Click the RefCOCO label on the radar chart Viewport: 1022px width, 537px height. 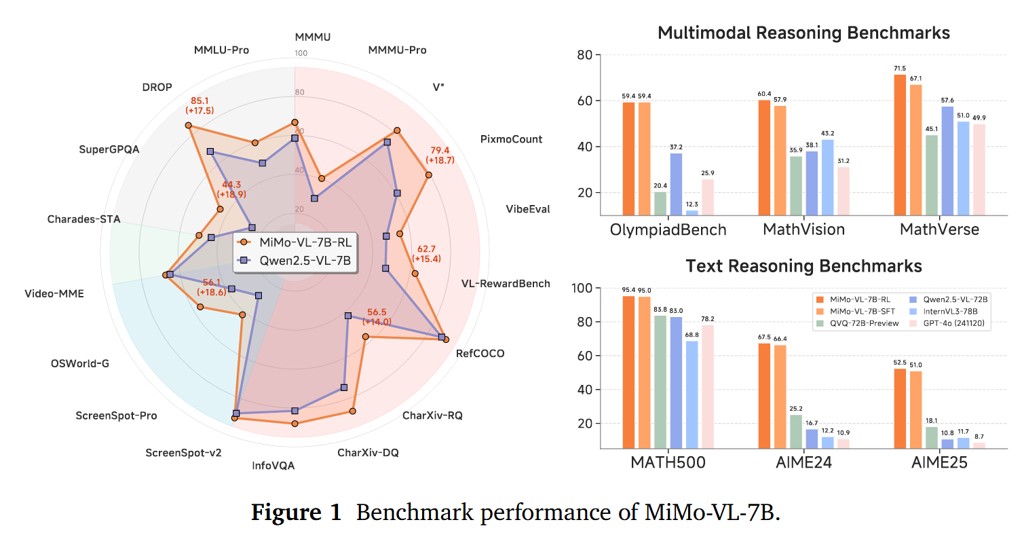pos(480,354)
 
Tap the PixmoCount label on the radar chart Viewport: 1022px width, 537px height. pos(511,139)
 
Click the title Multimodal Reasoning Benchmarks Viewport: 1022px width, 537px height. pos(803,33)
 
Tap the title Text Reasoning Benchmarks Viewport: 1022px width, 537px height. pos(803,265)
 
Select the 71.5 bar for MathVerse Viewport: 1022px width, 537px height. pos(900,145)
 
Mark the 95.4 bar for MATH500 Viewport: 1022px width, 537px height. pos(628,372)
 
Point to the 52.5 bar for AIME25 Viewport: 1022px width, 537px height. pos(900,408)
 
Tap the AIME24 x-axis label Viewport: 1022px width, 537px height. pos(804,463)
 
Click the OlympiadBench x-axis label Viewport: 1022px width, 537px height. pos(668,229)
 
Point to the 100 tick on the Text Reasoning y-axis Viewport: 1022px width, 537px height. pos(584,289)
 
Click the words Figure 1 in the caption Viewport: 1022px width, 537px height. pos(296,513)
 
